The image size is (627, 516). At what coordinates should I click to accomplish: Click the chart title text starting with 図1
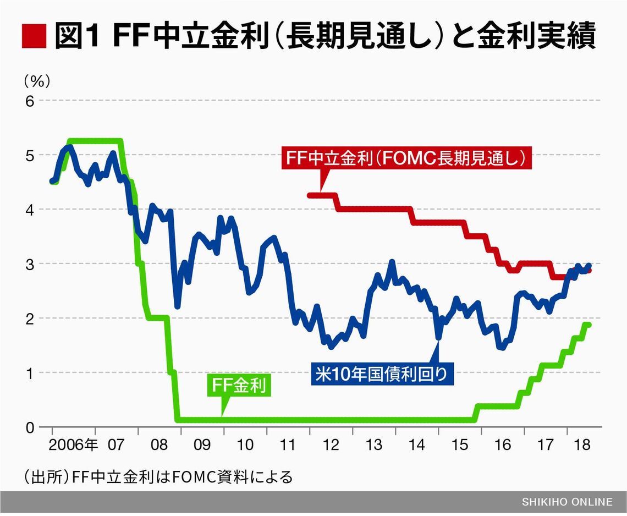pyautogui.click(x=325, y=37)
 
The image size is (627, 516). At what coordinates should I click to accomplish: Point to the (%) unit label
pyautogui.click(x=37, y=82)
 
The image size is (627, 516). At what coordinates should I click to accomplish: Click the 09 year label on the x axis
pyautogui.click(x=202, y=444)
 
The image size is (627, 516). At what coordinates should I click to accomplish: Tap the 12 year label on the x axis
pyautogui.click(x=331, y=444)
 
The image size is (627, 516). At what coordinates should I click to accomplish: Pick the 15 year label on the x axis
pyautogui.click(x=460, y=444)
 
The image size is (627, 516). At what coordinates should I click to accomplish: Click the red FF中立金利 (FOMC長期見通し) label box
pyautogui.click(x=407, y=158)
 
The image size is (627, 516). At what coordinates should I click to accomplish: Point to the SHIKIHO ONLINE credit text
pyautogui.click(x=567, y=502)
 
